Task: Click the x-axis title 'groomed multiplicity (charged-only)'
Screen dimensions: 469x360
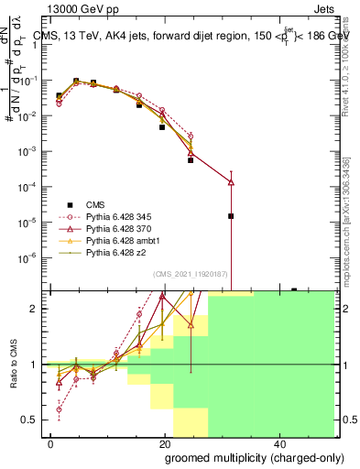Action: [x=243, y=457]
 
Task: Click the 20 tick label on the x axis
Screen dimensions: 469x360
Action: [x=165, y=442]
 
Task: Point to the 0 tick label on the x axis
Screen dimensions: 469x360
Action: [x=51, y=442]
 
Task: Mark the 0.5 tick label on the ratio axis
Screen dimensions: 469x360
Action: [x=30, y=420]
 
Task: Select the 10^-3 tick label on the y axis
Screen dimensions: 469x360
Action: [x=28, y=151]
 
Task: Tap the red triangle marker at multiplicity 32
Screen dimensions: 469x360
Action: [x=231, y=182]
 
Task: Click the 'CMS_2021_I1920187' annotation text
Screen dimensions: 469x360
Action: [x=190, y=274]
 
